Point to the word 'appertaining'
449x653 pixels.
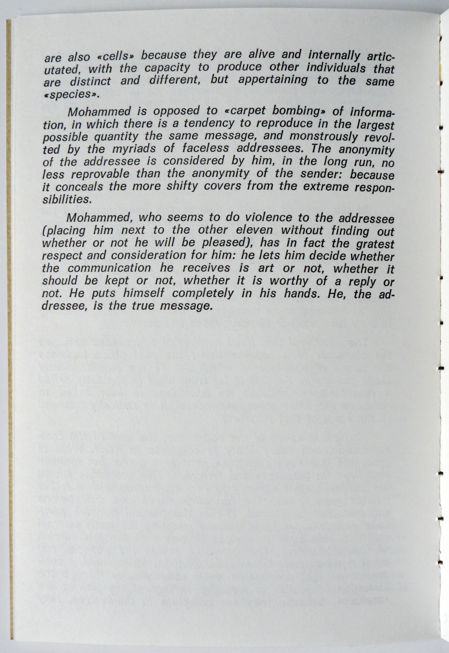273,80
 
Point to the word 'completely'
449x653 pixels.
203,294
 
